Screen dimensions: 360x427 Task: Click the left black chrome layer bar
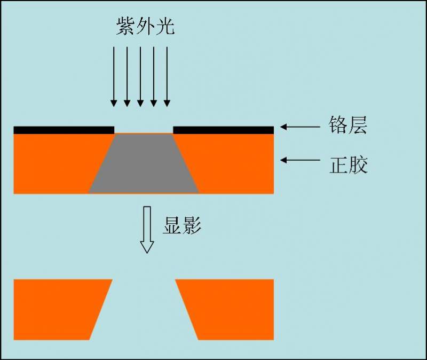coord(64,130)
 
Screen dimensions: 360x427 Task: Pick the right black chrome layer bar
coord(224,130)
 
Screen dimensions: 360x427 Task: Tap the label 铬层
coord(348,127)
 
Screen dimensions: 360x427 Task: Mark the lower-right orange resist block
coord(230,309)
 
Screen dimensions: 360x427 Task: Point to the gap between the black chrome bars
coord(144,130)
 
